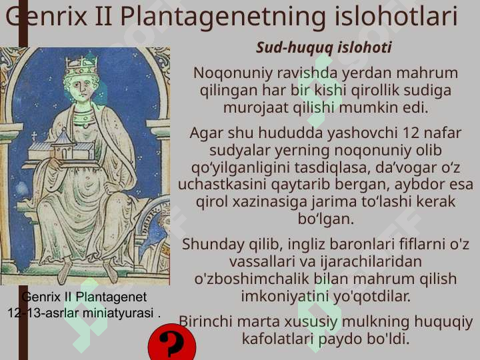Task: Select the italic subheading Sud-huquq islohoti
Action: [x=324, y=48]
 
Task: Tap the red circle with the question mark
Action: [x=172, y=342]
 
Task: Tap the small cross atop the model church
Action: [x=34, y=136]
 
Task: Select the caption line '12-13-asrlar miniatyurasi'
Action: [x=83, y=313]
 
